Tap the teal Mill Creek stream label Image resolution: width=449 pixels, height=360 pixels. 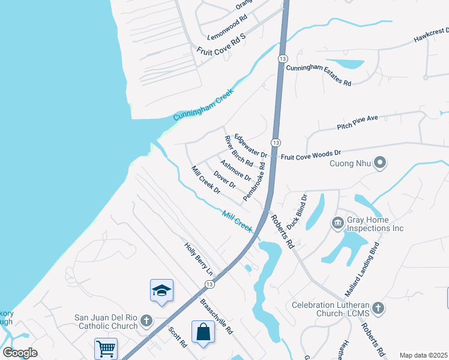coord(237,220)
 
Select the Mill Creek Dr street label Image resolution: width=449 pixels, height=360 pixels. coord(206,179)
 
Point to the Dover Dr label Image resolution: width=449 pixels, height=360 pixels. coord(224,181)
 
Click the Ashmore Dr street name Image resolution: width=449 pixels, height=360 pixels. coord(235,170)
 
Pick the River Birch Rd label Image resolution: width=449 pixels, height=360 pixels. coord(239,151)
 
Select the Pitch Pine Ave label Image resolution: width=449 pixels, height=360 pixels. coord(357,122)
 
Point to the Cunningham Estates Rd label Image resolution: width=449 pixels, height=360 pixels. coord(318,76)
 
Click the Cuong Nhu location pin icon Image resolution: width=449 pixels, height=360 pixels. coord(379,163)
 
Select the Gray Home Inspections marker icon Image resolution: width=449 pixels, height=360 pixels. coord(337,223)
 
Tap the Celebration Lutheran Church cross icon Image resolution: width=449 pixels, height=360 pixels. coord(378,308)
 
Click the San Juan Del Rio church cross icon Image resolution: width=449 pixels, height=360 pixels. coord(146,321)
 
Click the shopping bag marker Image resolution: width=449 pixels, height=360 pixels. coord(203,331)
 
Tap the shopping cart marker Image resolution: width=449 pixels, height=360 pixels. coord(106,348)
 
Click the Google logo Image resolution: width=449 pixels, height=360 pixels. coord(20,353)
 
